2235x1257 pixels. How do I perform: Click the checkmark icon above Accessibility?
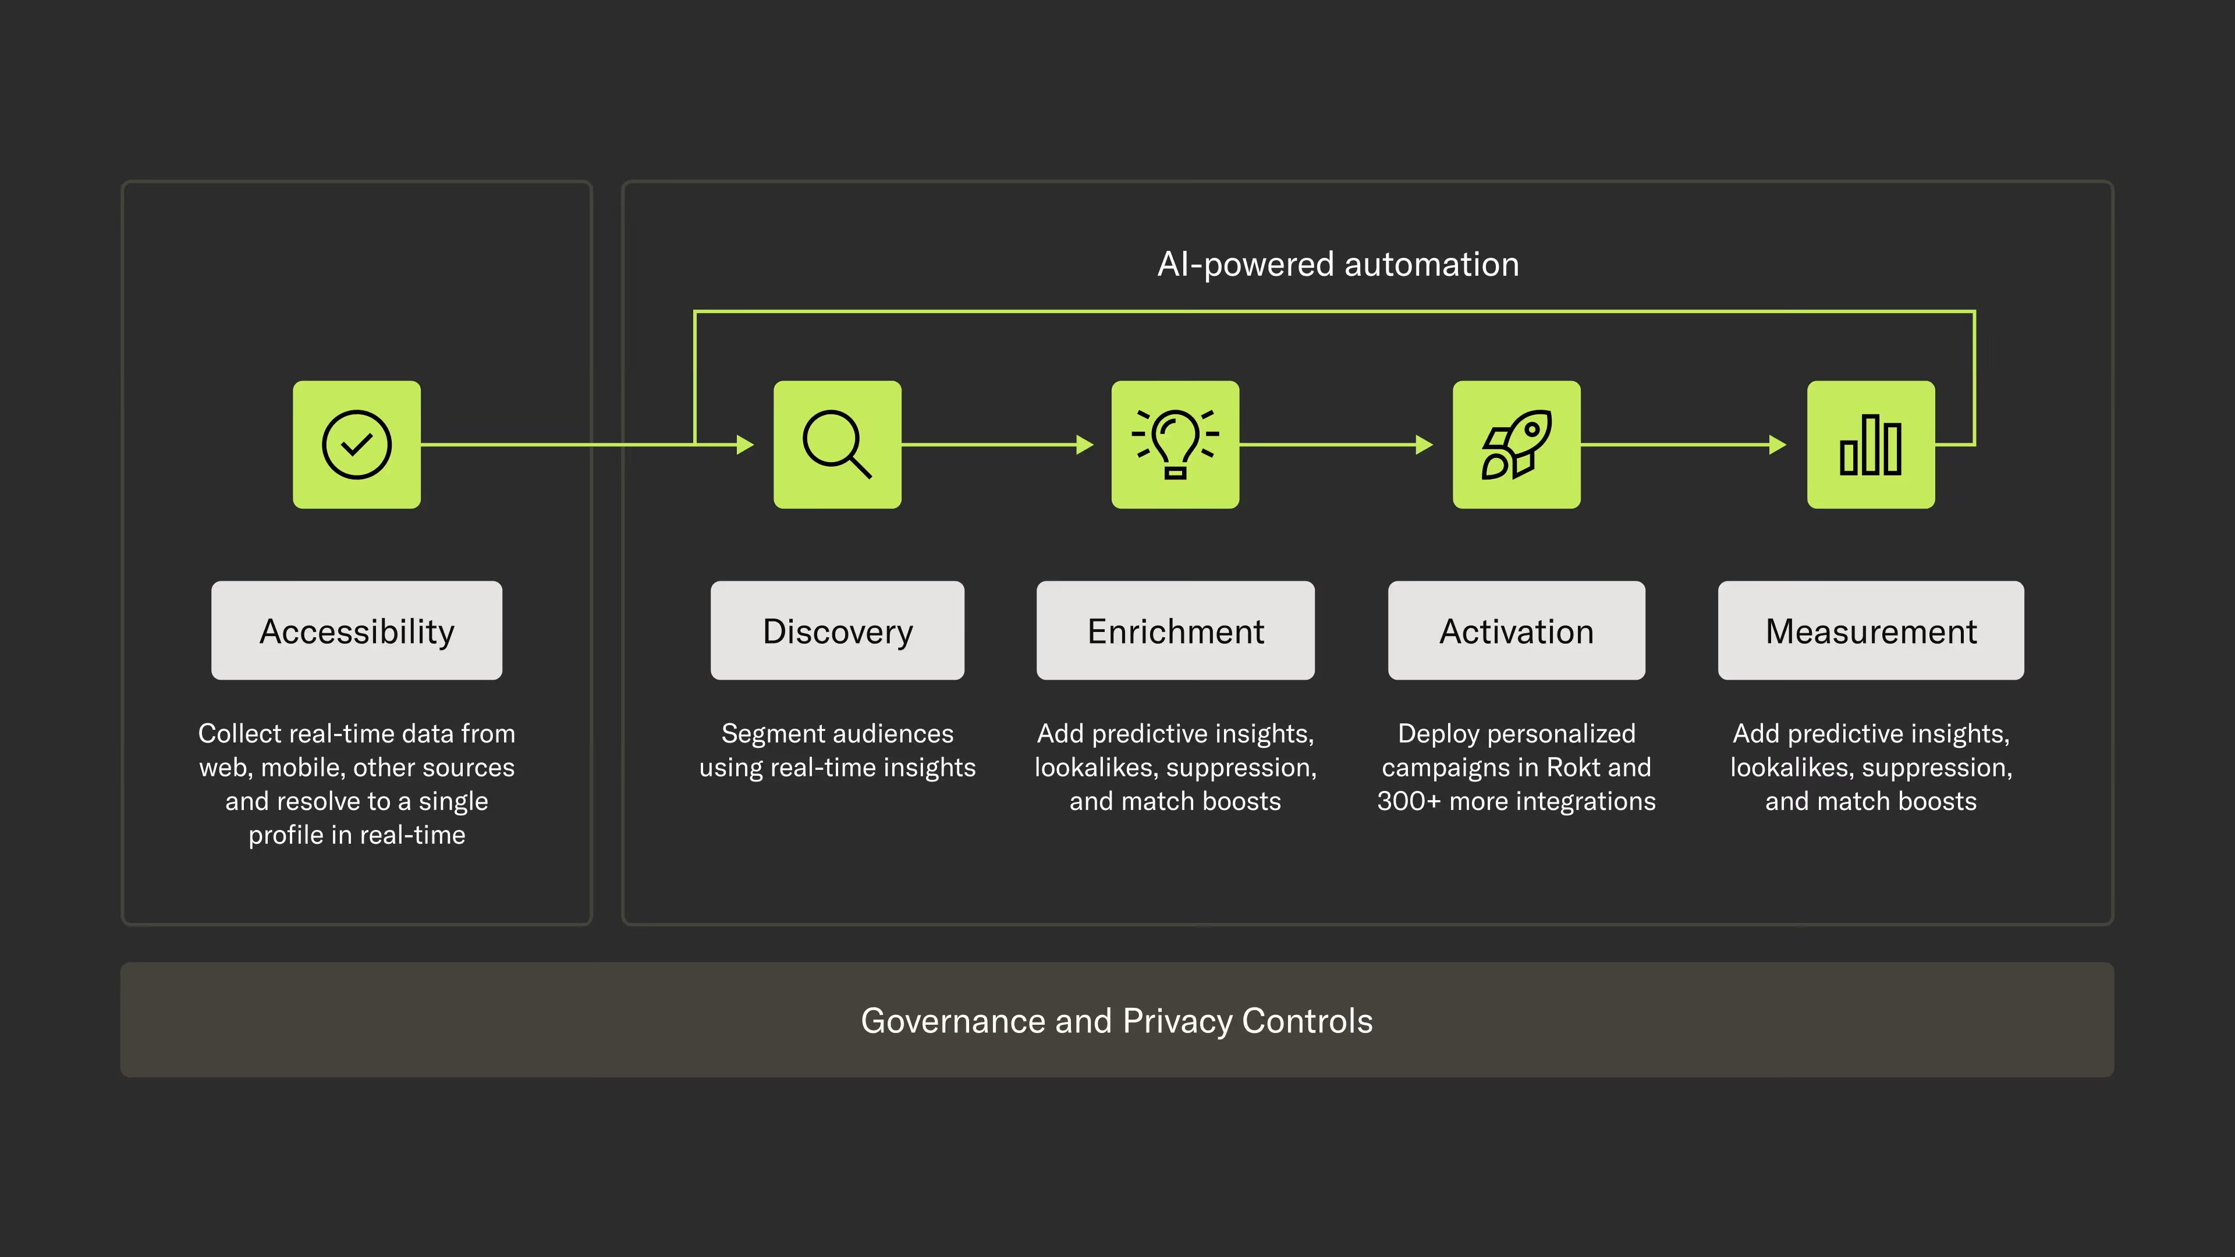pos(357,444)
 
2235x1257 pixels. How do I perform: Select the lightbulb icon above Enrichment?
pos(1175,444)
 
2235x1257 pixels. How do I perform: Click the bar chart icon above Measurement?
pos(1871,444)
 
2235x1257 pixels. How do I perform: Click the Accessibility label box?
pos(357,631)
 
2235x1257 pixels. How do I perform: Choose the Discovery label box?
pos(838,631)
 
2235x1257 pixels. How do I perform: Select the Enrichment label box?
pos(1175,631)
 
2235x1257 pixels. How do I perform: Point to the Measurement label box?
pos(1871,631)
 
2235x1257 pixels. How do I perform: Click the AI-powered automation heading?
pos(1338,264)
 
